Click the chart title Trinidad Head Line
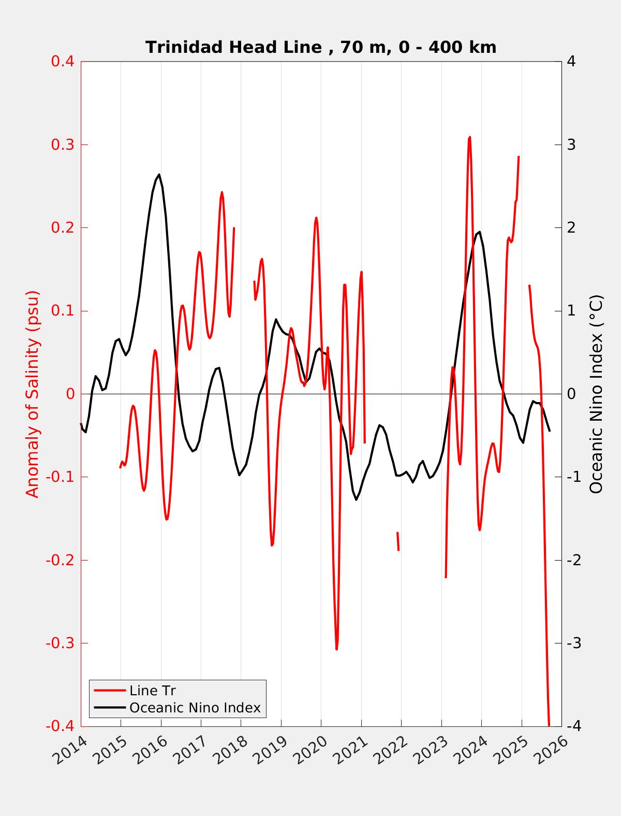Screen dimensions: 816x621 click(321, 47)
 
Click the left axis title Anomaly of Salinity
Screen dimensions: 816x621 click(33, 394)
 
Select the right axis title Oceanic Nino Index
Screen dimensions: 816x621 click(596, 394)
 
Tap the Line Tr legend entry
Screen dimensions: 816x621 click(153, 691)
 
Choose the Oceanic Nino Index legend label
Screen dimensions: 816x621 click(195, 707)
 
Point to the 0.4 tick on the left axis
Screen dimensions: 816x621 click(62, 61)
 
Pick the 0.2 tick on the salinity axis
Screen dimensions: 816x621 click(62, 227)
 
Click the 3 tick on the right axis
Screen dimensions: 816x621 click(571, 145)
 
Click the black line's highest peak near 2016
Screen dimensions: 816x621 click(159, 175)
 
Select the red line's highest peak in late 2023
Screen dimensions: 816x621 click(469, 137)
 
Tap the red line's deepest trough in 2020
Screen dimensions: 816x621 click(336, 649)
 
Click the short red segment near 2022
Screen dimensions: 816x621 click(398, 541)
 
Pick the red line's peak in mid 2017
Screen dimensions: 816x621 click(222, 192)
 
